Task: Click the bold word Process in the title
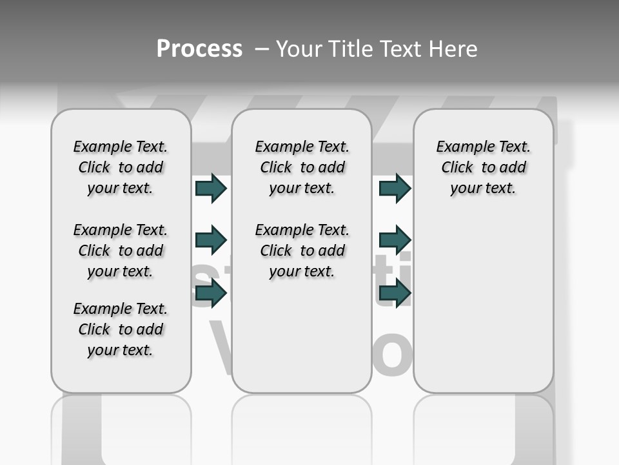click(199, 49)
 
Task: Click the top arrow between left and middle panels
click(211, 189)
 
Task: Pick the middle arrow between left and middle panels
click(211, 240)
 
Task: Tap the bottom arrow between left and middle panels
click(211, 294)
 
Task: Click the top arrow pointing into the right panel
click(395, 189)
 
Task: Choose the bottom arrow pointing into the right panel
click(395, 294)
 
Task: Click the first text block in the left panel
click(121, 167)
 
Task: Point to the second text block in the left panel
click(121, 251)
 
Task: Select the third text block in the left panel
click(121, 329)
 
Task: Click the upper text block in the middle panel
click(302, 167)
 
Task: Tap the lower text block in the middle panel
click(302, 251)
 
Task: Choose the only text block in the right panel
click(483, 167)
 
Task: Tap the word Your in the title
click(299, 49)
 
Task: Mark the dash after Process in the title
click(260, 49)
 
